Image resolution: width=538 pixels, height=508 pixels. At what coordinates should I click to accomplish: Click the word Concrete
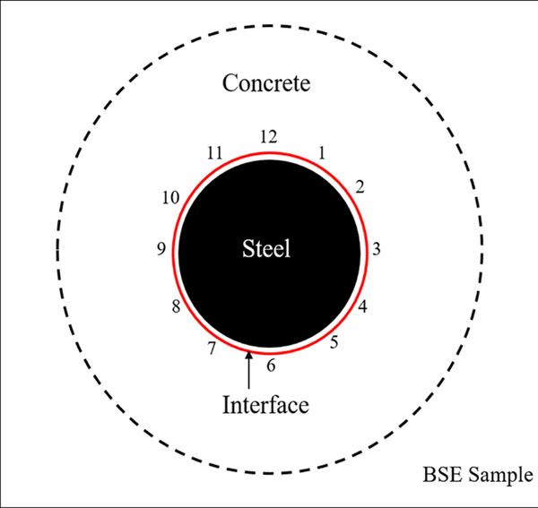coord(265,84)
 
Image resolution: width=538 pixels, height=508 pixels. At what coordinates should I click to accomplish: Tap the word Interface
coord(265,405)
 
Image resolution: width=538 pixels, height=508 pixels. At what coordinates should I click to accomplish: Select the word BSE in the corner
coord(443,475)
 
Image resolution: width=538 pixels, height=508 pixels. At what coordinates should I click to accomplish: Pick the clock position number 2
coord(359,187)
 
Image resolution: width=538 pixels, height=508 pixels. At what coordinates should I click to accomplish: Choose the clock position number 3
coord(377,249)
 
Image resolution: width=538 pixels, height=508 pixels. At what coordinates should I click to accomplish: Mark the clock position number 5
coord(334,340)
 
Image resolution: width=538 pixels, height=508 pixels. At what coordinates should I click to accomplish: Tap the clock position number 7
coord(212,348)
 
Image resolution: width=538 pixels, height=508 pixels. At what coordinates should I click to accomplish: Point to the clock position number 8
coord(176,308)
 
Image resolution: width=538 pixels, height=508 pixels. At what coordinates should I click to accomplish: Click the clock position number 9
coord(161,249)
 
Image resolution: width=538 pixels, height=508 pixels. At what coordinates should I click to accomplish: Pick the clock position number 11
coord(213,153)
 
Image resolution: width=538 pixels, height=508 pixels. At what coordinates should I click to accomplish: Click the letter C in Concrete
coord(230,84)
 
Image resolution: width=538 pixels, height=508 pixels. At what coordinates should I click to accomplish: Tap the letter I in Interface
coord(226,405)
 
